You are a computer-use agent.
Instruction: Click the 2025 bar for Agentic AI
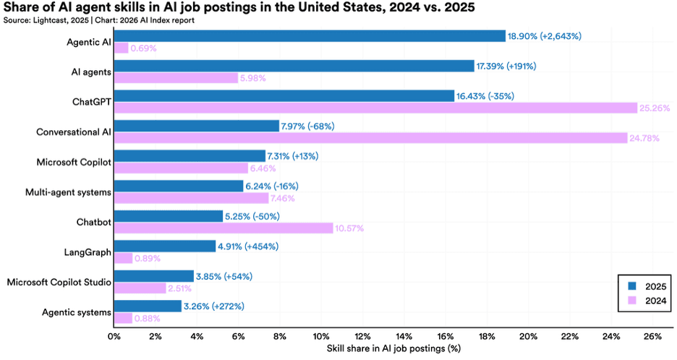click(x=310, y=36)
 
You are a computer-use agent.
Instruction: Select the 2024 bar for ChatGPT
click(x=375, y=108)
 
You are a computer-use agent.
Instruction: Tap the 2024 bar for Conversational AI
click(x=370, y=138)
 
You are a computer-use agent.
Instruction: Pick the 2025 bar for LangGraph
click(x=165, y=246)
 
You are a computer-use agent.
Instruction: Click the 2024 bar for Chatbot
click(x=223, y=228)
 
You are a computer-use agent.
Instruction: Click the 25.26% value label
click(x=655, y=108)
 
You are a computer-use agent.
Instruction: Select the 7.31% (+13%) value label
click(x=292, y=156)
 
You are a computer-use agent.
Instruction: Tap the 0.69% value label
click(x=143, y=48)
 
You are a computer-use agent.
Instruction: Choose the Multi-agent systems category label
click(x=68, y=192)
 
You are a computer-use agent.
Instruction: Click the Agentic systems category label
click(x=76, y=312)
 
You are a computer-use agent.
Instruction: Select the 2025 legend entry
click(x=643, y=286)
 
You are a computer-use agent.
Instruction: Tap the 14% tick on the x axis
click(x=404, y=336)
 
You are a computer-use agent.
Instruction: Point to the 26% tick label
click(x=652, y=336)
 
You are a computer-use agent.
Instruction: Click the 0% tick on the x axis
click(x=114, y=336)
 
